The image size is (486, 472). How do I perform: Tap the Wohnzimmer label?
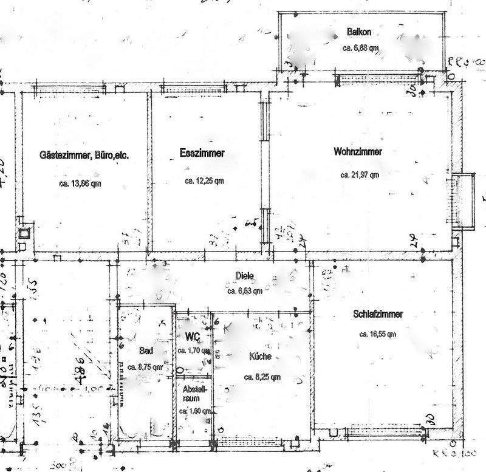[x=358, y=152]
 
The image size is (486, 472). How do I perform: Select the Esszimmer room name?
[x=202, y=154]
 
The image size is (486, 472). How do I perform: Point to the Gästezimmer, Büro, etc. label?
[x=84, y=155]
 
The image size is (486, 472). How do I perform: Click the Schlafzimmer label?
[x=378, y=314]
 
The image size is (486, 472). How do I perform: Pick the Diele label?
[x=244, y=276]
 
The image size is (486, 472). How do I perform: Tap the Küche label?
[x=260, y=357]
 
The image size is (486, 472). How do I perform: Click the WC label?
[x=192, y=337]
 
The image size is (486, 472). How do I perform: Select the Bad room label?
[x=146, y=351]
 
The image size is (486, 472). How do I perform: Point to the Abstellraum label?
[x=194, y=393]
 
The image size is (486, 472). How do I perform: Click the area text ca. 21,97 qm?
[x=360, y=175]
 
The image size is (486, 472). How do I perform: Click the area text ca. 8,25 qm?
[x=262, y=377]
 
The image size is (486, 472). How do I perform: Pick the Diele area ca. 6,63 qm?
[x=245, y=291]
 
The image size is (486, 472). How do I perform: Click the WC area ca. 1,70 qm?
[x=193, y=351]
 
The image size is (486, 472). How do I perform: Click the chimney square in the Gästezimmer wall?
[x=25, y=233]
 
